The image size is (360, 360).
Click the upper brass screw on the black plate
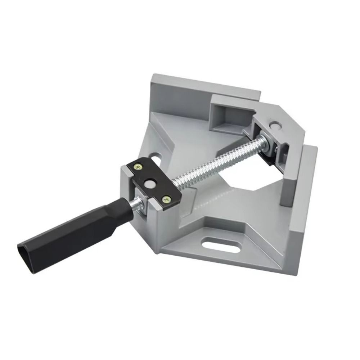click(138, 166)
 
